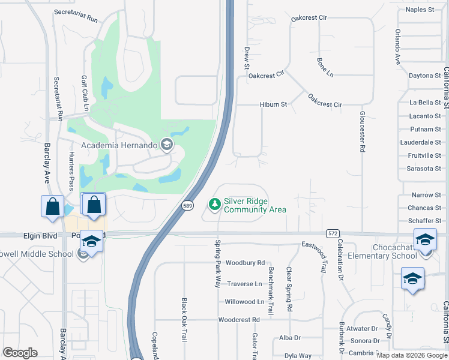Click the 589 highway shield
188,205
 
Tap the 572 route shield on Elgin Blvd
333,232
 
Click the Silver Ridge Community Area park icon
214,205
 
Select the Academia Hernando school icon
167,144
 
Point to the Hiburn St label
274,104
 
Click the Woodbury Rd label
245,263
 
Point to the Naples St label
420,10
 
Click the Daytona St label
424,76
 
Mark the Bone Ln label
325,68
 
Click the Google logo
20,353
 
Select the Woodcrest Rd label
239,320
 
